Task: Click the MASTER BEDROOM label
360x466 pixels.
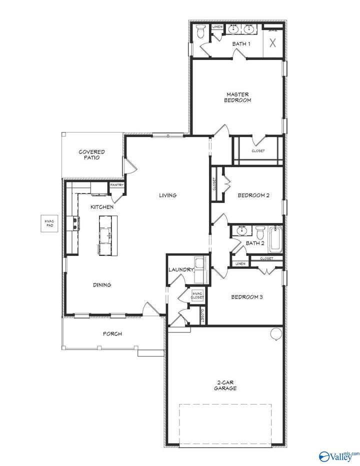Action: tap(238, 97)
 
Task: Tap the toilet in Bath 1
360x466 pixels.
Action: tap(201, 31)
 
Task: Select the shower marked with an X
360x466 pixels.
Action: tap(272, 42)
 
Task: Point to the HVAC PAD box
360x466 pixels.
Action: tap(49, 223)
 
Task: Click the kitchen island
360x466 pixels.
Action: tap(106, 235)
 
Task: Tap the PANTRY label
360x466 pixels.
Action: tap(116, 185)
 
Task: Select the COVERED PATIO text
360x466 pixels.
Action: tap(92, 154)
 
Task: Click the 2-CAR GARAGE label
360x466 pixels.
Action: tap(225, 384)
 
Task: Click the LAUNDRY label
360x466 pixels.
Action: tap(180, 270)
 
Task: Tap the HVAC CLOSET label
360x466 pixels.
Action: tap(197, 295)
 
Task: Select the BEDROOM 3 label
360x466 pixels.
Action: tap(246, 297)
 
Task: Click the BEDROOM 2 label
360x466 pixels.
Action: tap(253, 195)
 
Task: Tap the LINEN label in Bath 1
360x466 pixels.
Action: tap(217, 27)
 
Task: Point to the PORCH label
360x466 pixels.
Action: tap(112, 334)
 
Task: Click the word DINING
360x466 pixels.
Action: tap(101, 285)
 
